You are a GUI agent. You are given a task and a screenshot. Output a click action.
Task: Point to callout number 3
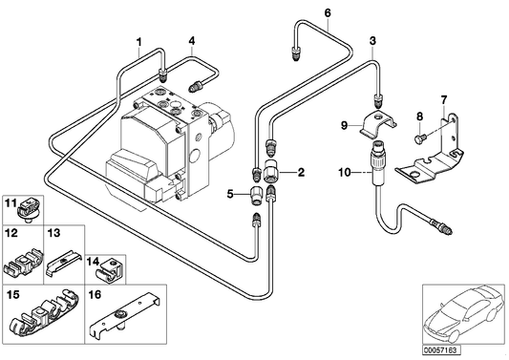(x=372, y=41)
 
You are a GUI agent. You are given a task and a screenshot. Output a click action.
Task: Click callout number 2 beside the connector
(x=301, y=172)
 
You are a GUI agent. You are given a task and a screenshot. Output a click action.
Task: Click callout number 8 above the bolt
(x=417, y=117)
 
